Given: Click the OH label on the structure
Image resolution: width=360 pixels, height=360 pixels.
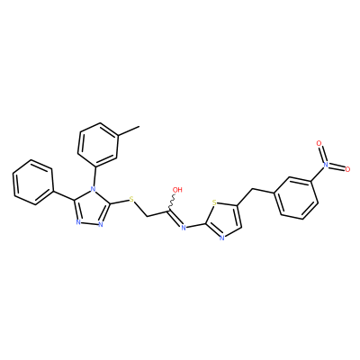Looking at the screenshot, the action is click(x=177, y=190).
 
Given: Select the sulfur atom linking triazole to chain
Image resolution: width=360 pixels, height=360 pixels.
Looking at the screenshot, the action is click(x=131, y=200).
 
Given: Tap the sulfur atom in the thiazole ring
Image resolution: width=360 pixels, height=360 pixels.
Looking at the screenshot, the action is click(x=214, y=202).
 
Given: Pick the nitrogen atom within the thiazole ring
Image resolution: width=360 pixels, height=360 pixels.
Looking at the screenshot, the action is click(x=222, y=238).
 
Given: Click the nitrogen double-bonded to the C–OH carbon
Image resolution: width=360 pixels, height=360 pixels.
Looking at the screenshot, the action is click(x=184, y=228).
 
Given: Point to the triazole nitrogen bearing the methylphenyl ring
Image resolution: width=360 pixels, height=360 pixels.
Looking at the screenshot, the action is click(x=94, y=189).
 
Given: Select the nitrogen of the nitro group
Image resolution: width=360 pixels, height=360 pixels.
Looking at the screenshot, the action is click(x=326, y=165).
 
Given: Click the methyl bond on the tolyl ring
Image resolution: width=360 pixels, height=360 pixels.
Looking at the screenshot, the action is click(x=129, y=131).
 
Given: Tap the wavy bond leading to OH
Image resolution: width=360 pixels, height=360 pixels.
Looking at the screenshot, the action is click(x=173, y=202).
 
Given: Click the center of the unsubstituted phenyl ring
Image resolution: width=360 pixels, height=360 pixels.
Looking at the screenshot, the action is click(x=33, y=183).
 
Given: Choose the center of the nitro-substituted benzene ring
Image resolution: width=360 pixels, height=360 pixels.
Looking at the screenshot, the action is click(x=295, y=197).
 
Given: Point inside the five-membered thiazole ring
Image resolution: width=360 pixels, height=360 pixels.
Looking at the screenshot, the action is click(x=222, y=220).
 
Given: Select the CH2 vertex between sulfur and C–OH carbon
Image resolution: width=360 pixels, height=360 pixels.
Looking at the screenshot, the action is click(x=147, y=216).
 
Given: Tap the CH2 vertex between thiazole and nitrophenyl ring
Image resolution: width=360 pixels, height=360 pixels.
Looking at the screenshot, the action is click(x=253, y=189).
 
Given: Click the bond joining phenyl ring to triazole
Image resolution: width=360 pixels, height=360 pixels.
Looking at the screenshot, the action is click(x=64, y=195).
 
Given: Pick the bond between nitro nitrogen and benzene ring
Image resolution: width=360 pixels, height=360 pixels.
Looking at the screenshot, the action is click(x=318, y=173).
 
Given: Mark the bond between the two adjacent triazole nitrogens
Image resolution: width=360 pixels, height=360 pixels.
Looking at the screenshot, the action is click(x=89, y=223).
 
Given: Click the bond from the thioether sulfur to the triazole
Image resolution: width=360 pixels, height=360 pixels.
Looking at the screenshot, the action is click(x=119, y=202).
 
